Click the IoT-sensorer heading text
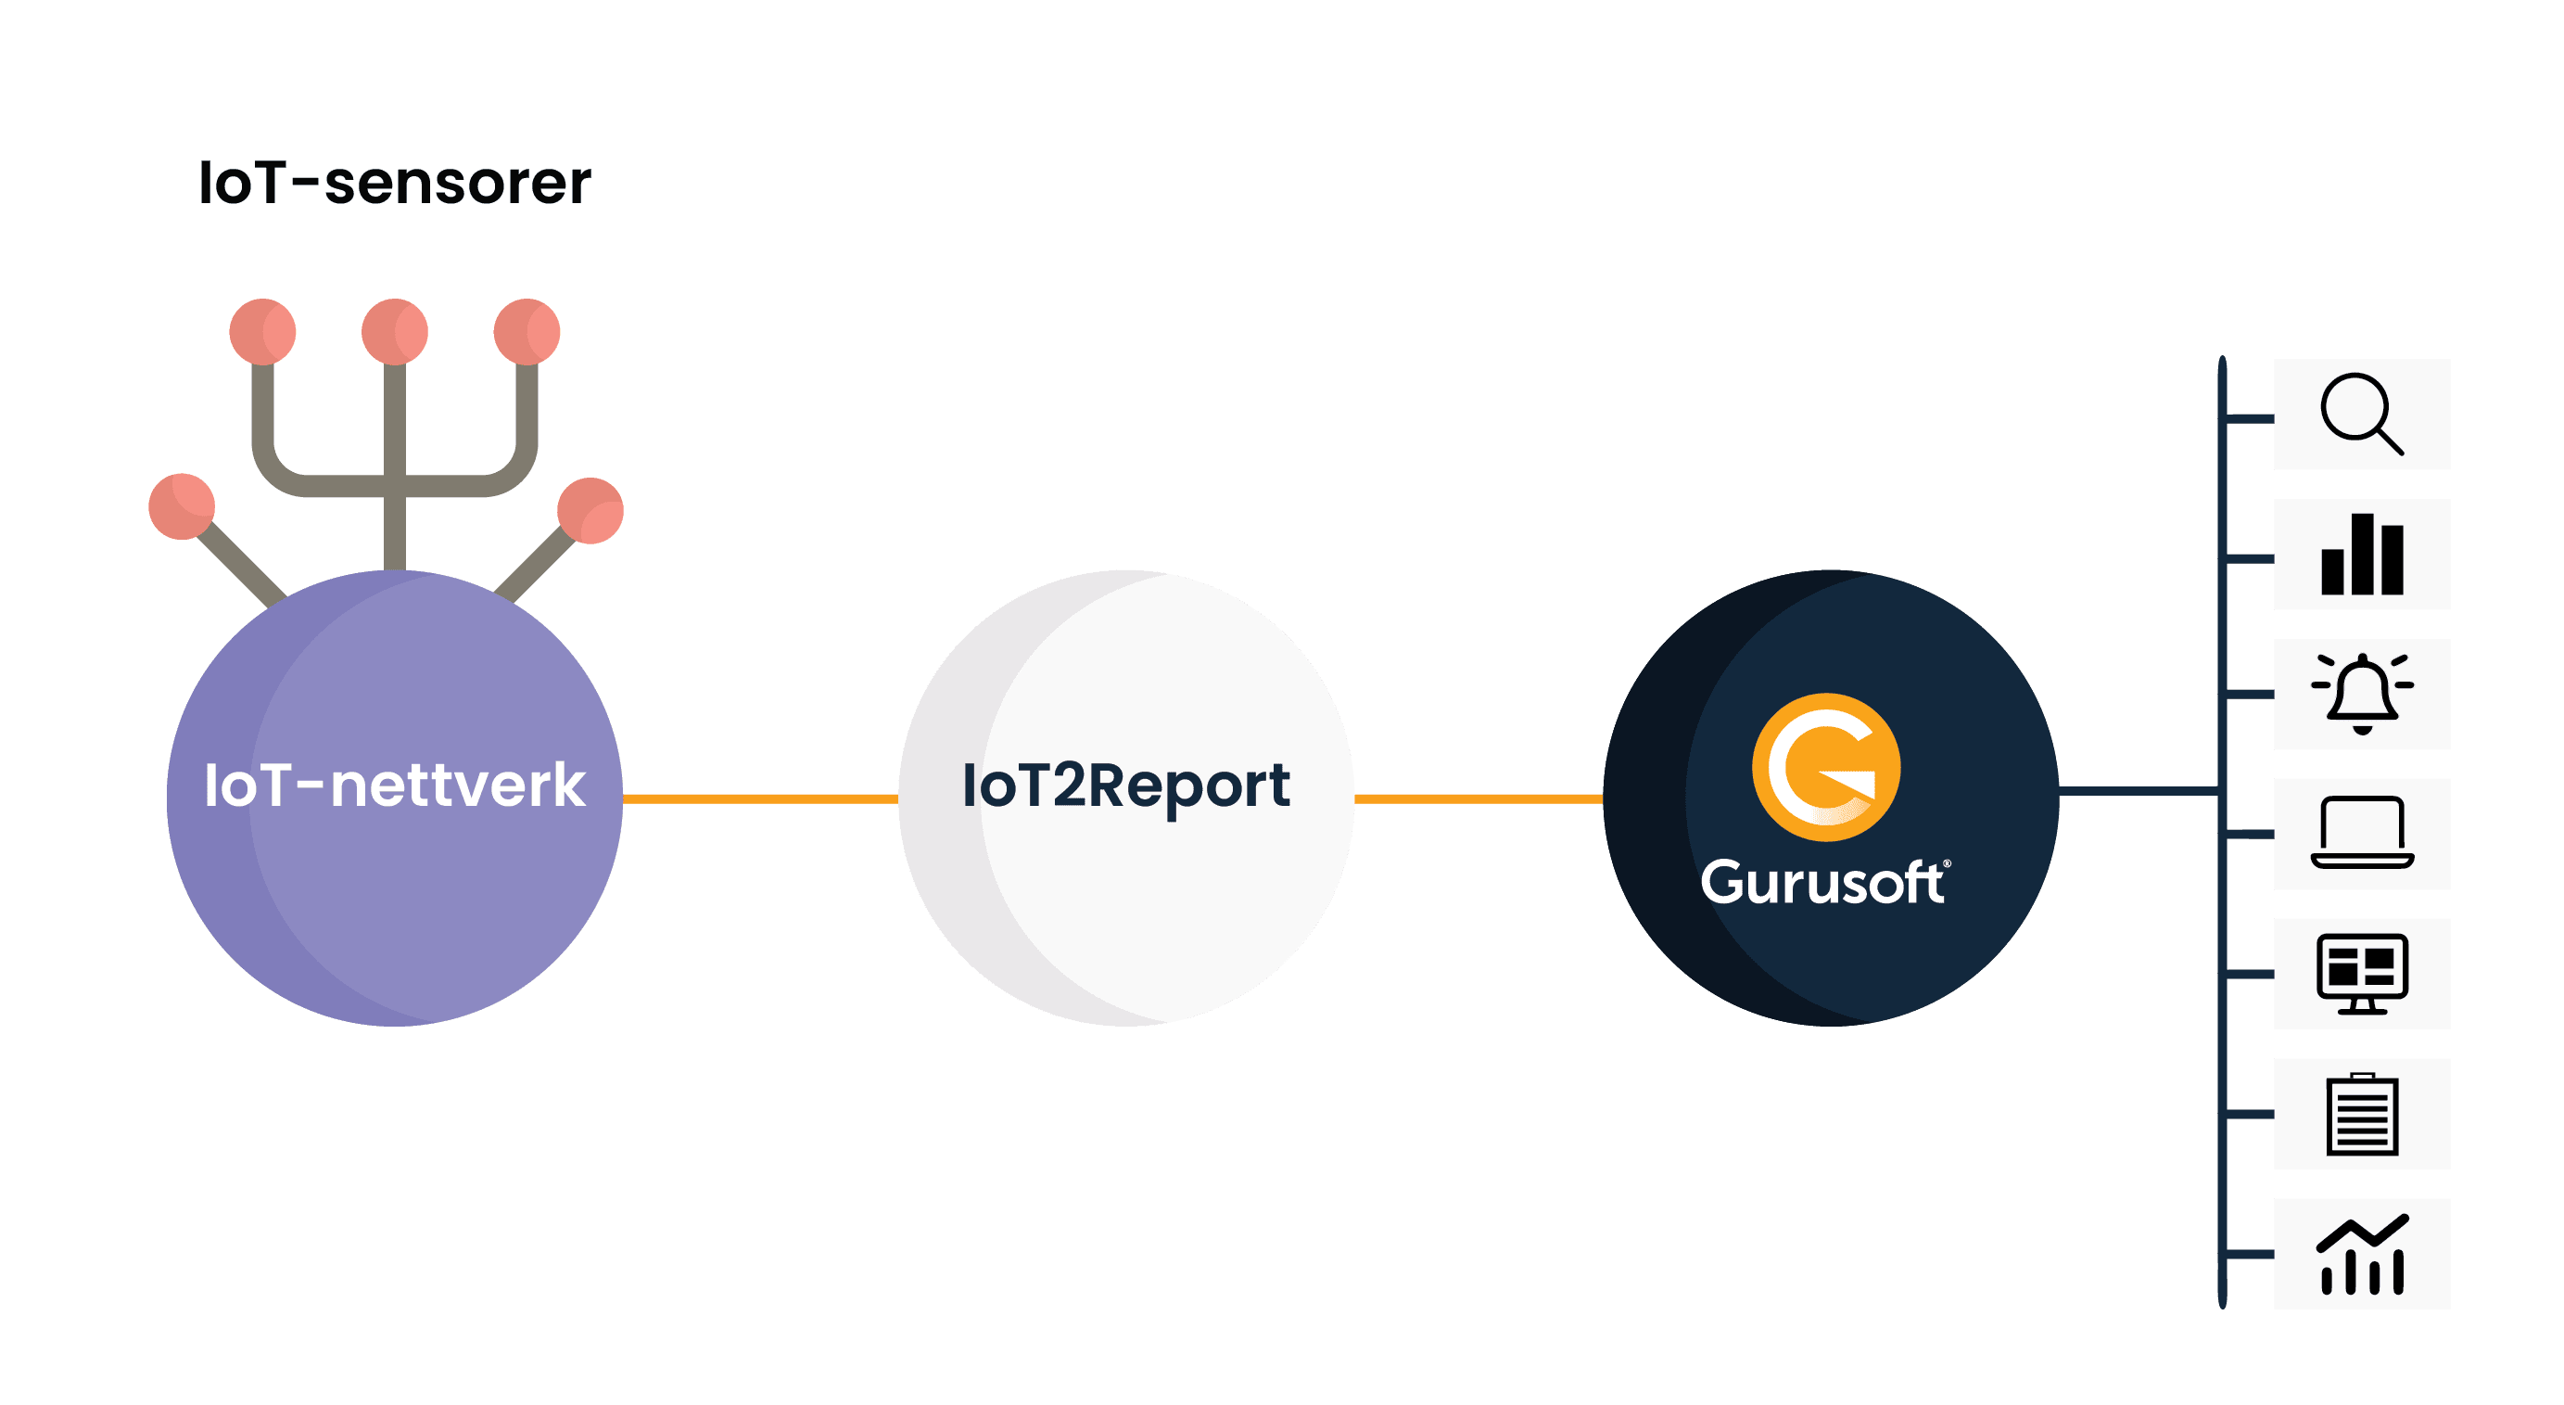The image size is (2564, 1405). [x=394, y=184]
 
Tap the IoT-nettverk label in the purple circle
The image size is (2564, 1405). [x=394, y=786]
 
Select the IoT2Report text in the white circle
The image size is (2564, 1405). [x=1125, y=786]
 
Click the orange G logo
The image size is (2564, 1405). [x=1825, y=767]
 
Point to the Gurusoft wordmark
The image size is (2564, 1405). [x=1823, y=882]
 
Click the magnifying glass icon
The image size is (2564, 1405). [x=2361, y=415]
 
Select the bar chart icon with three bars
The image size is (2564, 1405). [x=2361, y=555]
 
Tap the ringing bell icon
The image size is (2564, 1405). [x=2361, y=694]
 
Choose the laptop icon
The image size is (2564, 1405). [x=2361, y=835]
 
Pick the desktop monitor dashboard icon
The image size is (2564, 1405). [x=2361, y=974]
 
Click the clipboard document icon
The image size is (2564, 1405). [x=2361, y=1114]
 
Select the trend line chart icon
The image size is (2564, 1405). [x=2361, y=1254]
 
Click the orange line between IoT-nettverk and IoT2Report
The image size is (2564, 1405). [x=760, y=798]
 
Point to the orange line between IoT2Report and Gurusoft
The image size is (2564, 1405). [x=1479, y=798]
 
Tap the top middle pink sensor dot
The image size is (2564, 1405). [x=394, y=332]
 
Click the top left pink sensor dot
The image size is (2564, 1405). [x=262, y=332]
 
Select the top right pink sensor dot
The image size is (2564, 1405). [x=527, y=332]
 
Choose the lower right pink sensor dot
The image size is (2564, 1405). [x=590, y=511]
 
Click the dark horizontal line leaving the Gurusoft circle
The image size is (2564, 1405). [x=2138, y=792]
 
